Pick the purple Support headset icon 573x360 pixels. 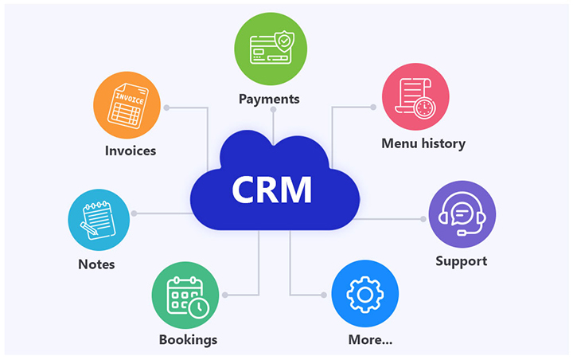coord(462,216)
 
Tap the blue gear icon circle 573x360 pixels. coord(364,294)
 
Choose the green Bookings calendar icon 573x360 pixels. coord(185,294)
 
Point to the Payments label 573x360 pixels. coord(270,100)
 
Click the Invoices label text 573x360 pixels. coord(131,150)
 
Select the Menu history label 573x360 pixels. coord(423,144)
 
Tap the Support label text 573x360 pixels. coord(462,260)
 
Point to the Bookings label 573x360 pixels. coord(188,340)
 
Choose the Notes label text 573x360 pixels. coord(96,264)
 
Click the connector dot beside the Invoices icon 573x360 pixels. coord(166,107)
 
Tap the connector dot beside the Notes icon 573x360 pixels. coord(134,213)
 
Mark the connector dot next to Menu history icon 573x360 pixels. coord(373,107)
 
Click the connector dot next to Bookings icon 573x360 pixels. coord(225,295)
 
